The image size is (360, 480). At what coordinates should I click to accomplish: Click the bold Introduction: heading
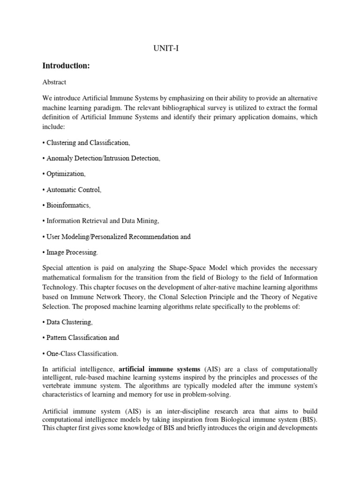[x=66, y=66]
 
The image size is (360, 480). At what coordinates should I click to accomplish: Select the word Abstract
[x=54, y=82]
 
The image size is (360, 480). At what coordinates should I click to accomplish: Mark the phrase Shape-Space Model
[x=214, y=268]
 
